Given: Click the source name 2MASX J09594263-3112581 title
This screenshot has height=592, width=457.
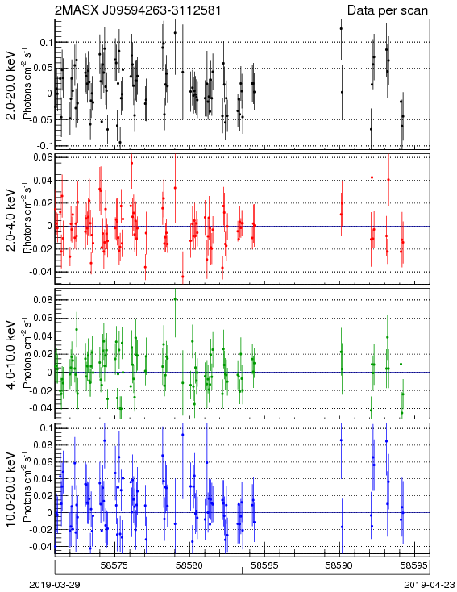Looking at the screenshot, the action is coord(138,10).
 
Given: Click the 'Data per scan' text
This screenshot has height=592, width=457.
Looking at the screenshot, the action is coord(388,10).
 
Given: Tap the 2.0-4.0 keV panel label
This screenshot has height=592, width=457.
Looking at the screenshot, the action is coord(12,219).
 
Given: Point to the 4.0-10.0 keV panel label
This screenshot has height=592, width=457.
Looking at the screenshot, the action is coord(12,355).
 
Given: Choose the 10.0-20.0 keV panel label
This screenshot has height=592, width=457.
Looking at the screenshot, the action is coord(12,490).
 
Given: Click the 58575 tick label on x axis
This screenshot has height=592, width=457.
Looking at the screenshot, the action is coord(114,565).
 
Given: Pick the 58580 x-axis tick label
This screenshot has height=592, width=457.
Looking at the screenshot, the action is coord(190,565).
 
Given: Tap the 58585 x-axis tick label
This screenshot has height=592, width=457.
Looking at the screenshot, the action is coord(265,565).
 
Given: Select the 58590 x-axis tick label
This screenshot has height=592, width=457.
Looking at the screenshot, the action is coord(339,565).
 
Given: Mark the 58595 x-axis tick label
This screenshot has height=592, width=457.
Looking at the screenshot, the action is coord(415,565).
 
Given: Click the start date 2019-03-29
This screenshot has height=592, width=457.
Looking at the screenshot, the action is coord(55,585).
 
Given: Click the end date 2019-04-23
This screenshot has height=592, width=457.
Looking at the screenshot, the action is coord(430,585).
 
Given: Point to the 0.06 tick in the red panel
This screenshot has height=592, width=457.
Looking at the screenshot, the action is coord(44,158).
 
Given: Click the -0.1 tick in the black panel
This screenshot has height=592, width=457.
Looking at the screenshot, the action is coord(44,146).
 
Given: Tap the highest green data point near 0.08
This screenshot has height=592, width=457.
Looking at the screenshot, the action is coord(175,299).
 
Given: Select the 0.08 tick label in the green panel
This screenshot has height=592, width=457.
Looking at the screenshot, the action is coord(44,300).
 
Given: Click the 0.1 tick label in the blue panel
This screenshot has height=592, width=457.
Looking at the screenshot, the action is coord(47,427).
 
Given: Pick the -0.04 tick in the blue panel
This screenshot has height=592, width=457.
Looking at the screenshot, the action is coord(42,546).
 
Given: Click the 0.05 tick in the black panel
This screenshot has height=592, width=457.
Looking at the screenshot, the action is coord(44,68).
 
